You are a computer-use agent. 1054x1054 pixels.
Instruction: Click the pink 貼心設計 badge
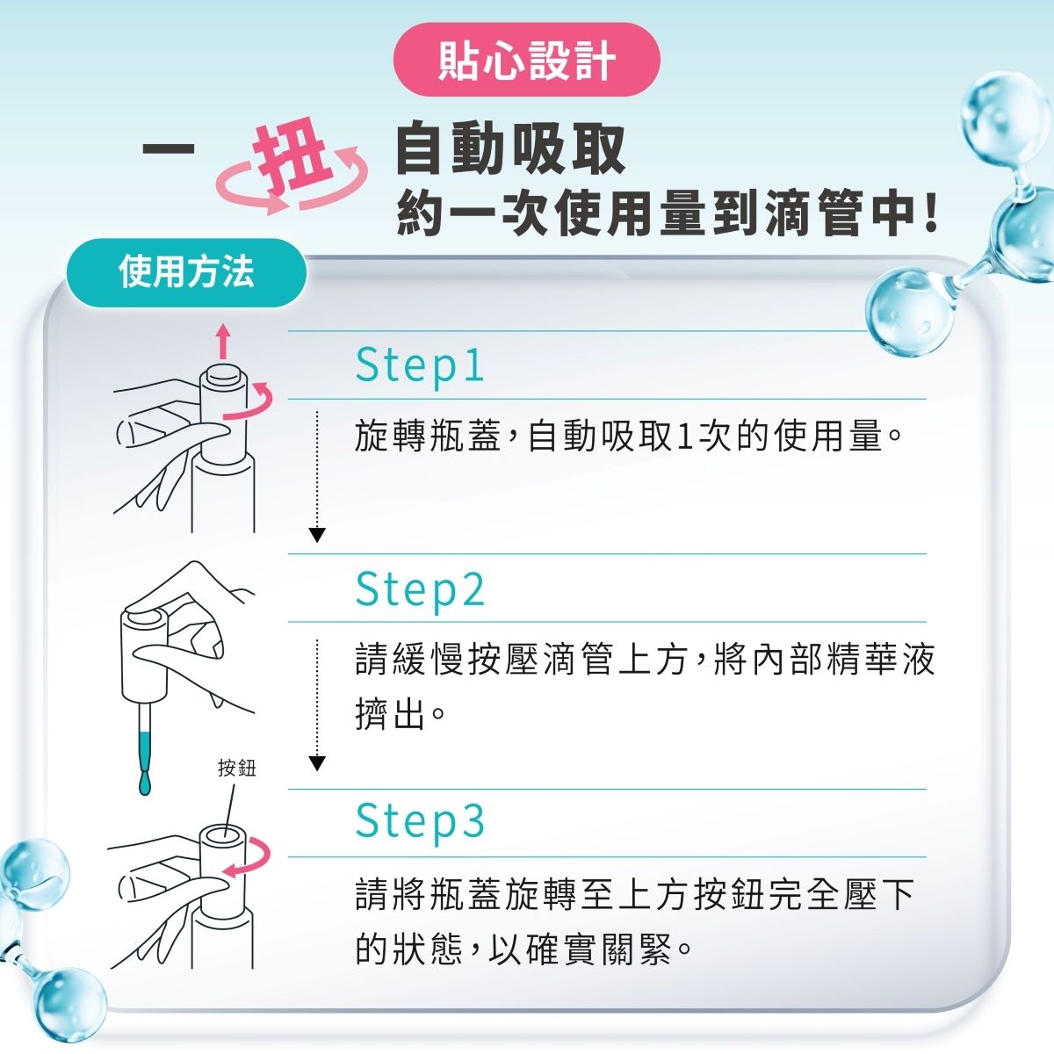tap(526, 60)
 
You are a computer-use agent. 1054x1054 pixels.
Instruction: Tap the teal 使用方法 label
tap(186, 271)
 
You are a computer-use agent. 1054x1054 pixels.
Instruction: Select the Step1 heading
tap(420, 365)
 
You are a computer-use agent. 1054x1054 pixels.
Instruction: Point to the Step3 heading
tap(420, 821)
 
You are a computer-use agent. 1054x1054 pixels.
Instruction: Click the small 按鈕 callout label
tap(237, 768)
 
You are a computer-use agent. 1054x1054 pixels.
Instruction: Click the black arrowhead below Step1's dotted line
tap(317, 535)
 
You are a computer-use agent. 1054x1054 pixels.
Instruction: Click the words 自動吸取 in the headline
tap(510, 148)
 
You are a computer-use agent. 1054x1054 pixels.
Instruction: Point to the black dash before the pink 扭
tap(169, 148)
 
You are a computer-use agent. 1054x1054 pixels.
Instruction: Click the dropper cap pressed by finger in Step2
tap(144, 654)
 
